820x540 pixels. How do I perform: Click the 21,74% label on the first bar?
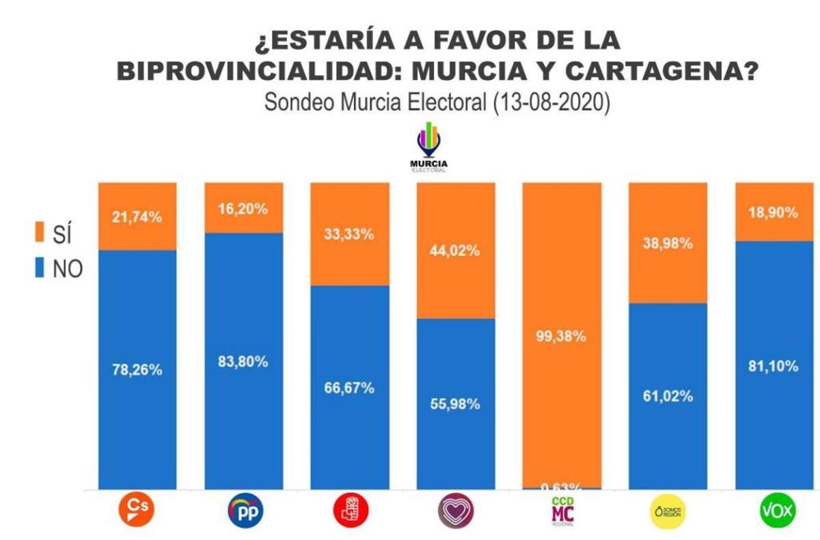tap(137, 217)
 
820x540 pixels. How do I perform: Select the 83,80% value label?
tap(244, 362)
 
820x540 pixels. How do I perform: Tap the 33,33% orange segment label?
tap(349, 234)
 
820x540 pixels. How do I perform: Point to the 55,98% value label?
tap(455, 403)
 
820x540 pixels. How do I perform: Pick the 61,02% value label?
tap(668, 396)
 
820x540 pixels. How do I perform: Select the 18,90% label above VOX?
tap(774, 212)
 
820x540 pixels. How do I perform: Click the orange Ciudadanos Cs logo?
tap(137, 509)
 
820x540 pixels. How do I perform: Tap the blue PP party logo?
tap(245, 510)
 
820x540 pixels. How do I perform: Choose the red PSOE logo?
tap(350, 509)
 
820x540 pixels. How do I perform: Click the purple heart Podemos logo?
tap(455, 510)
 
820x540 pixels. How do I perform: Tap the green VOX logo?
tap(774, 510)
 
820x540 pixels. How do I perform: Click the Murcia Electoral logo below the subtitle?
tap(428, 147)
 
